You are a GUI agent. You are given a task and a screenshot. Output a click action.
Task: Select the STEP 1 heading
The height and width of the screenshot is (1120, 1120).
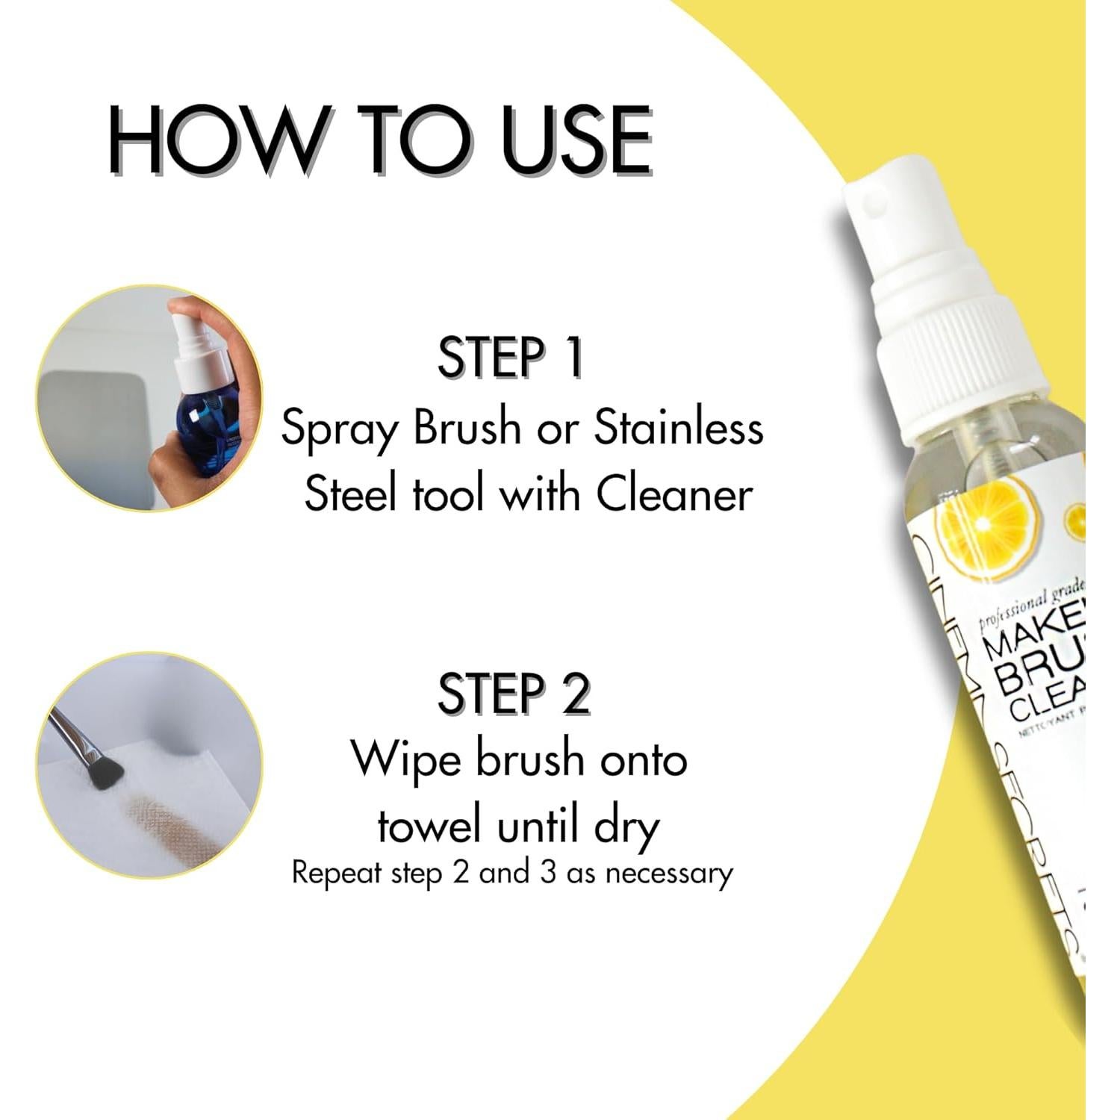509,358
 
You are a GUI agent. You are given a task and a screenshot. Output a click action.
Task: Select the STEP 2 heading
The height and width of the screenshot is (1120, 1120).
514,694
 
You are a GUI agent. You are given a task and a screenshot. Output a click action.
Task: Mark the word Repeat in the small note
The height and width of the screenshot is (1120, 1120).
337,873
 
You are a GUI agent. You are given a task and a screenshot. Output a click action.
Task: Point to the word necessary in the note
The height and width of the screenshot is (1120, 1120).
669,874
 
